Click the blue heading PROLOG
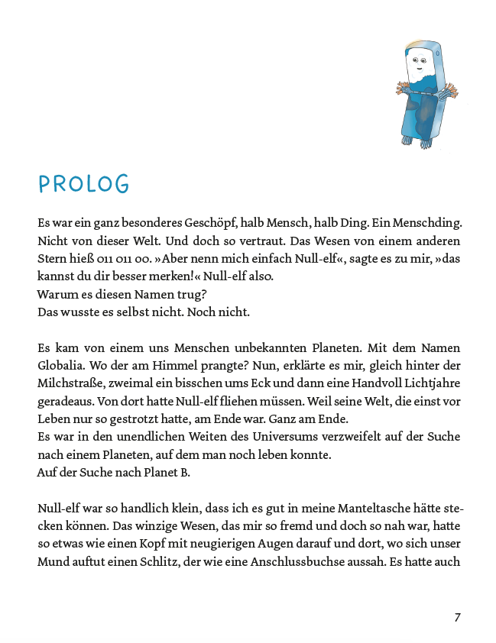[84, 184]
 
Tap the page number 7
[457, 617]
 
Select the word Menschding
[432, 224]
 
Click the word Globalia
[63, 365]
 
